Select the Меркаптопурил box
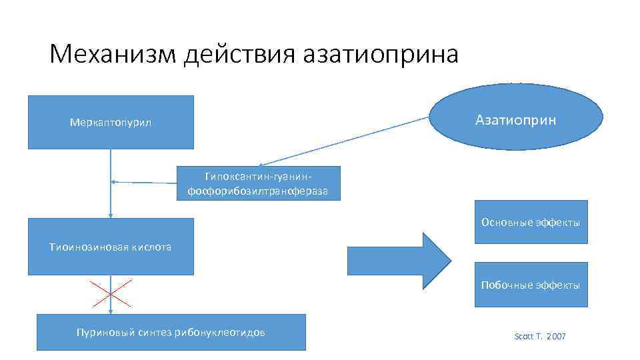(x=111, y=122)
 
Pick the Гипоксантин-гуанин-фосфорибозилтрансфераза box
(x=259, y=183)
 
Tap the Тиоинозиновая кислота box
(x=111, y=247)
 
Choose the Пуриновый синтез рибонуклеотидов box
(x=171, y=332)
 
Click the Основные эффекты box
(x=531, y=222)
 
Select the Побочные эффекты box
(x=531, y=285)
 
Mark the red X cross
(x=111, y=293)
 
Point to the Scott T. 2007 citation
(x=540, y=337)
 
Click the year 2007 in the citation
(x=555, y=337)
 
